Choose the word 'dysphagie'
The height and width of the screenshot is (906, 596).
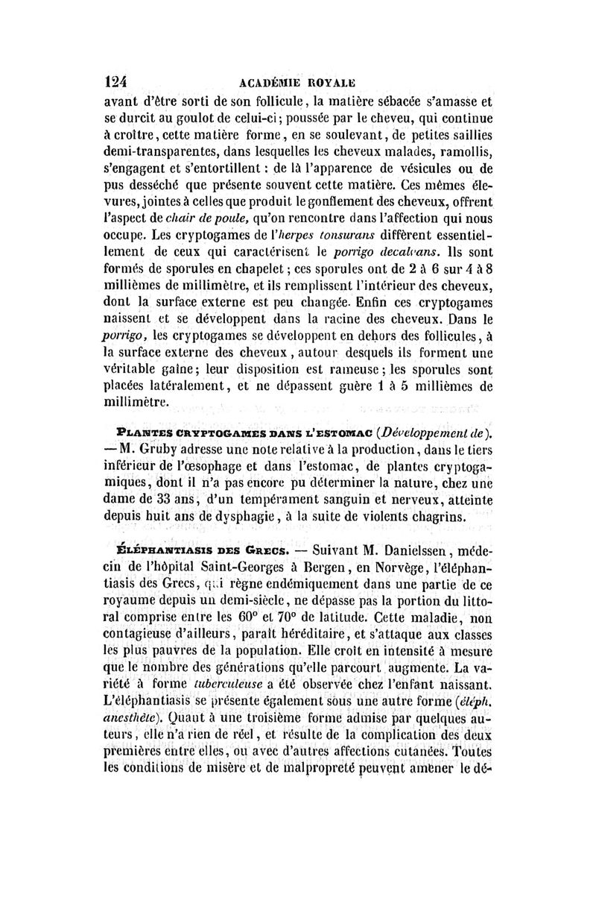coord(242,516)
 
